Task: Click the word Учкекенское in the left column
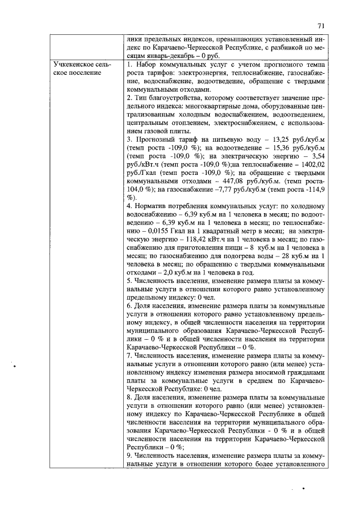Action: (x=73, y=66)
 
